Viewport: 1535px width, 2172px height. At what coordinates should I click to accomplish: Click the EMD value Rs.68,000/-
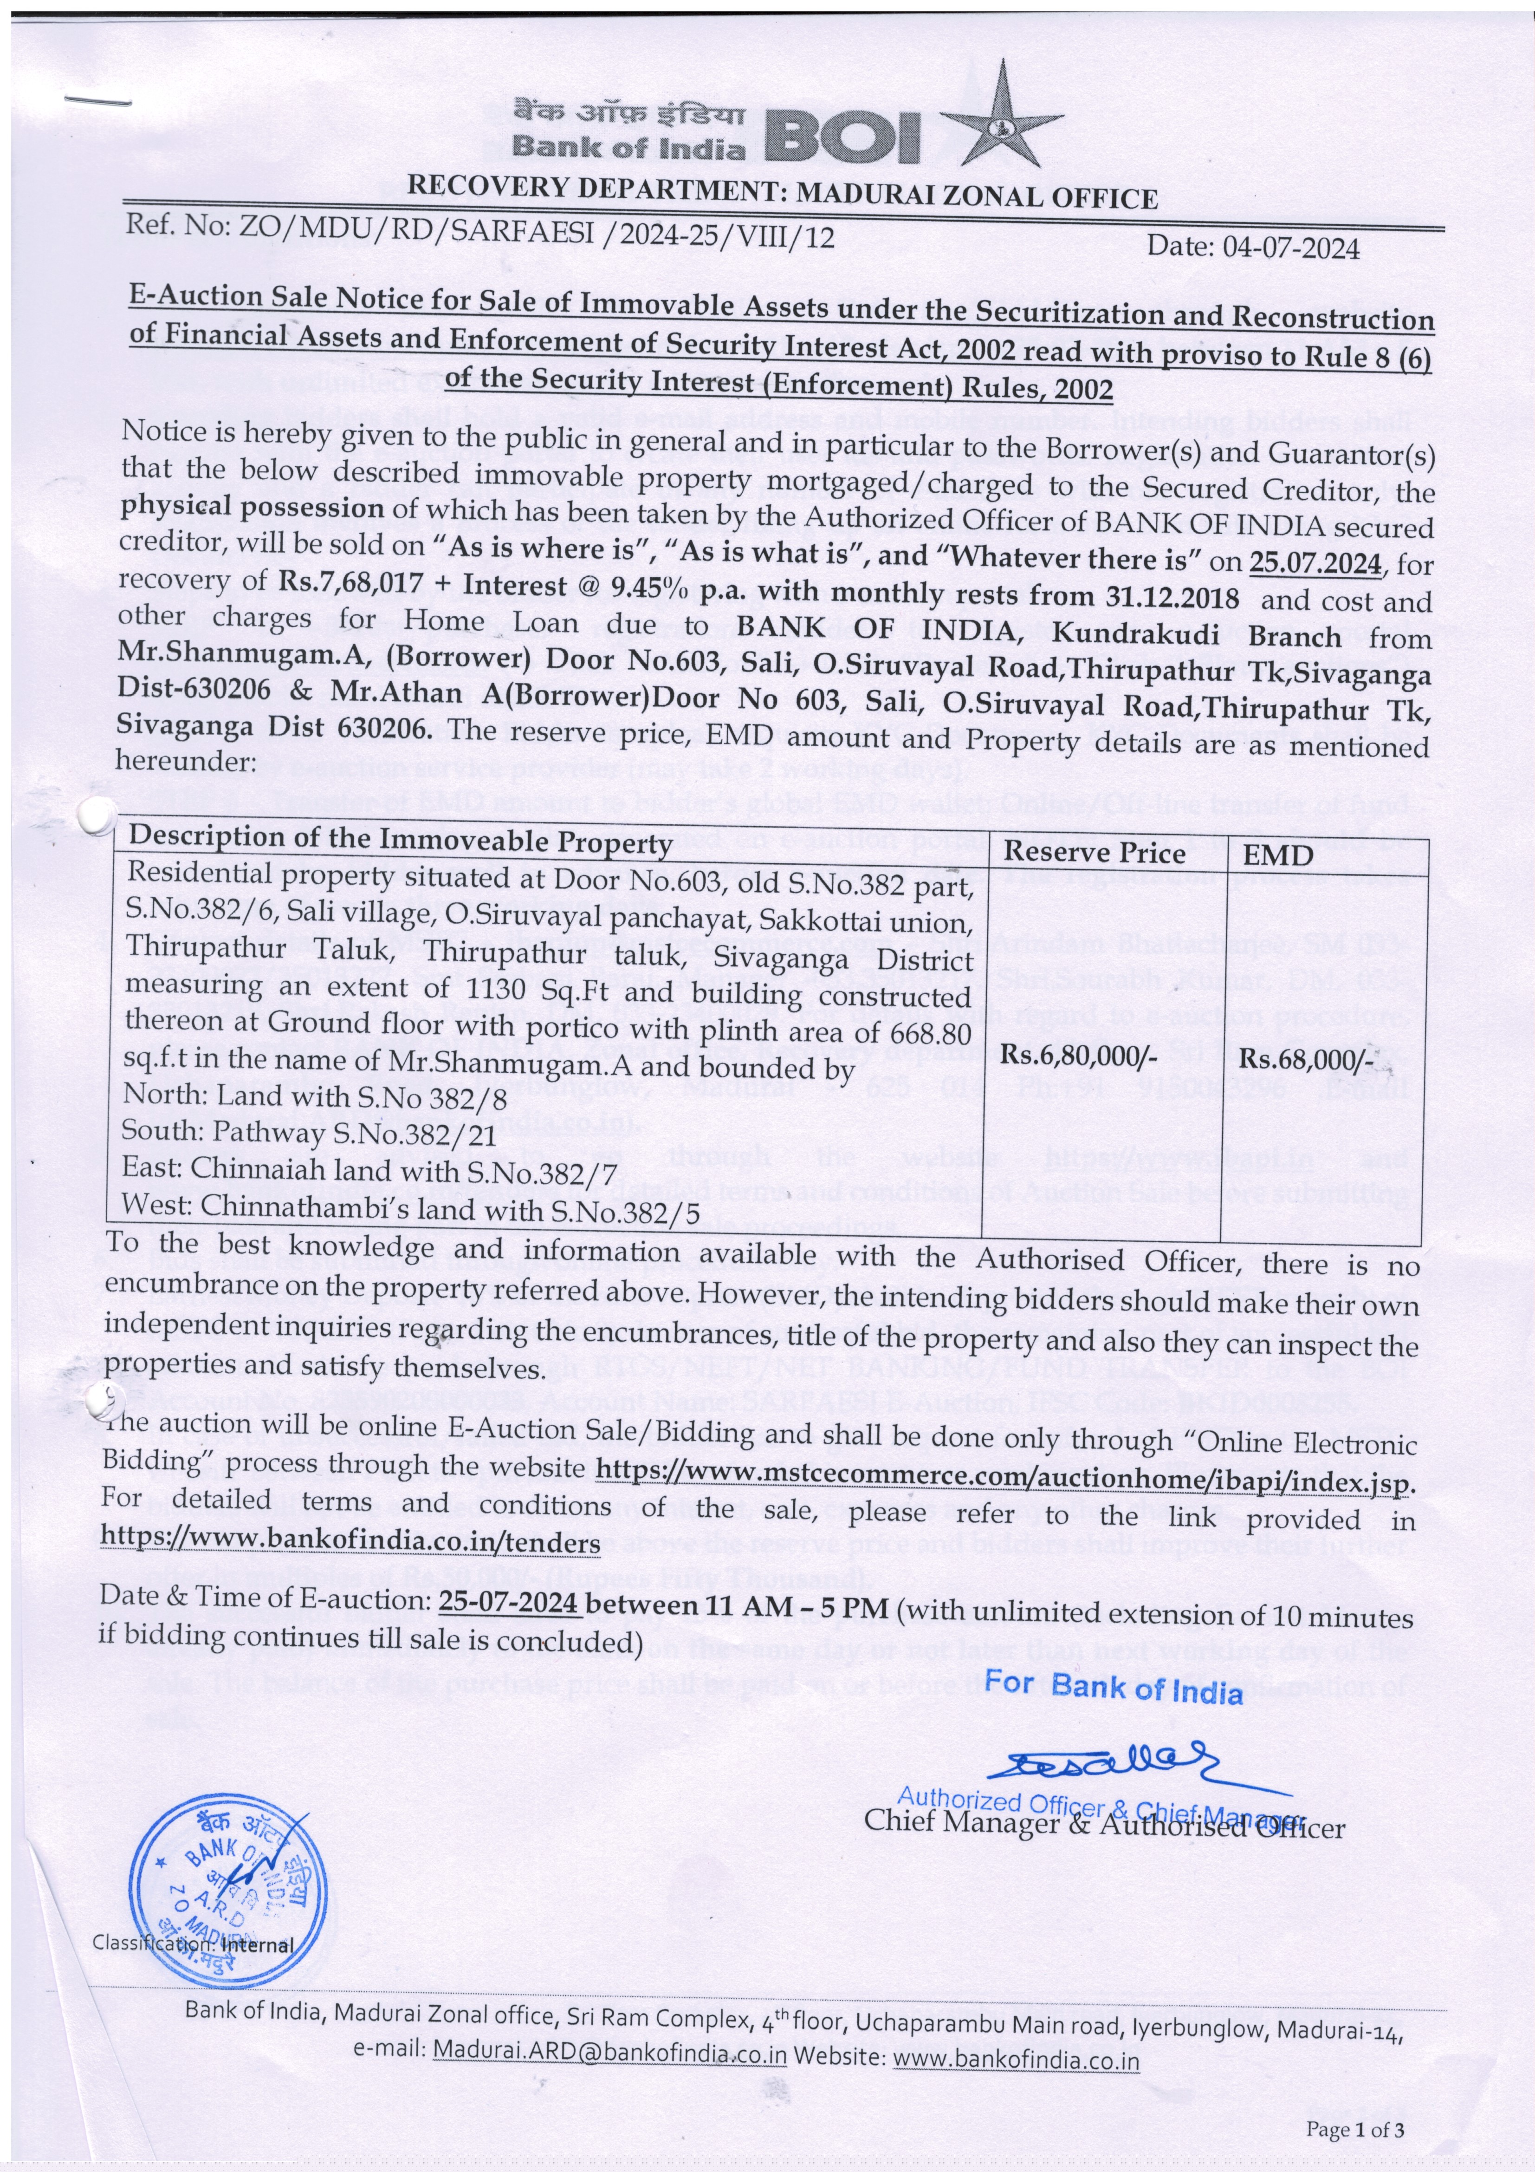pos(1308,1058)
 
